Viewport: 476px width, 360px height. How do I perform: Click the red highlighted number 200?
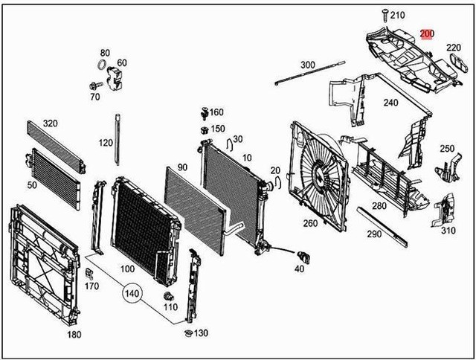(x=427, y=33)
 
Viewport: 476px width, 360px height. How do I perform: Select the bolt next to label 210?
(x=385, y=15)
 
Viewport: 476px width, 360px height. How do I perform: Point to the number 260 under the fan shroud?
(x=309, y=222)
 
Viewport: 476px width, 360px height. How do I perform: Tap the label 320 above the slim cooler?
(x=50, y=123)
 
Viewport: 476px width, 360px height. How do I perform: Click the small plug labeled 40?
(x=302, y=257)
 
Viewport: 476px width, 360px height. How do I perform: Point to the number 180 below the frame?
(x=74, y=335)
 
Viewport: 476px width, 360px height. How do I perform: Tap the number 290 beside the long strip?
(x=374, y=234)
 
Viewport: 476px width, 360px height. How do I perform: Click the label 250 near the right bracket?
(x=446, y=149)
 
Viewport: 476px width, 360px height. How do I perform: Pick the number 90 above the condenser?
(x=182, y=168)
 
